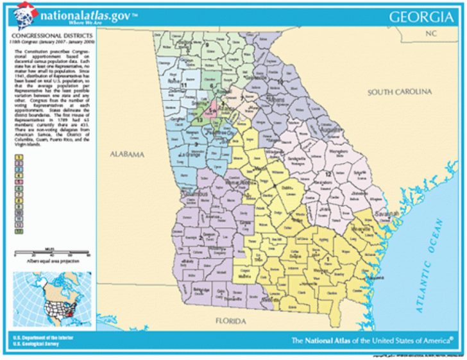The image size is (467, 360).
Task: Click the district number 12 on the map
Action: click(x=328, y=174)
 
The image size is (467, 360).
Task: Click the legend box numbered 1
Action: click(x=20, y=157)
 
